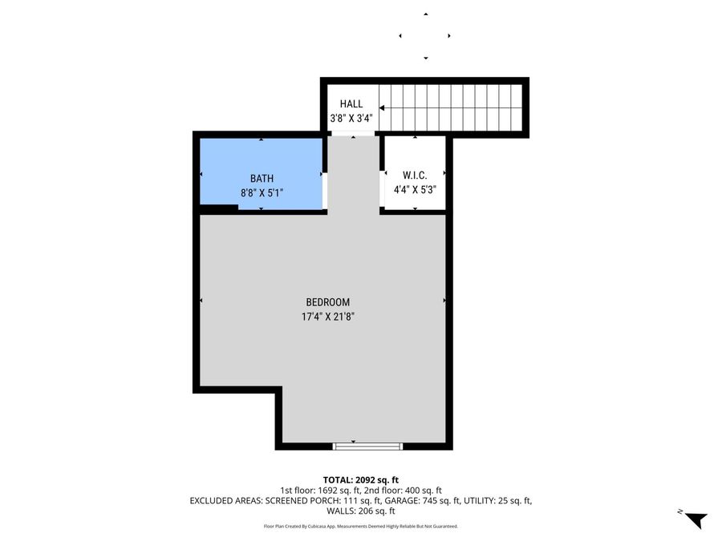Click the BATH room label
pos(262,179)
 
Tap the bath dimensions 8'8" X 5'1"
pos(262,193)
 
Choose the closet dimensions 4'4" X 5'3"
pos(414,190)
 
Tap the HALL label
pos(351,104)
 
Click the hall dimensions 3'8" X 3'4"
pos(351,119)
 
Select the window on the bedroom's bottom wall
pos(367,445)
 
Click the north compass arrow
pos(695,519)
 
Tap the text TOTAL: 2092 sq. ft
pos(360,478)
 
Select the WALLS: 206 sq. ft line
pos(360,511)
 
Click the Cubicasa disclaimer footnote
pos(360,527)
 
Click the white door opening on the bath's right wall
pos(325,190)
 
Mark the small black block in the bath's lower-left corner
pos(218,208)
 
